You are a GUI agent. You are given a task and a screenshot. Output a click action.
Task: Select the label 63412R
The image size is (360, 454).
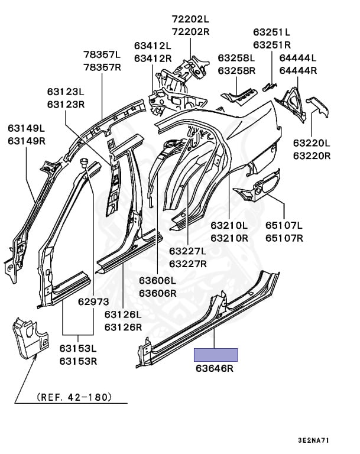pyautogui.click(x=152, y=58)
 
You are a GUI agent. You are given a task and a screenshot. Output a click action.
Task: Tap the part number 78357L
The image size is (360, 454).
pyautogui.click(x=102, y=55)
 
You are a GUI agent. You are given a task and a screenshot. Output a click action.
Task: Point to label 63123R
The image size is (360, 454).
pyautogui.click(x=66, y=104)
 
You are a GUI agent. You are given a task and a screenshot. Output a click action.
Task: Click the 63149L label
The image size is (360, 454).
pyautogui.click(x=27, y=128)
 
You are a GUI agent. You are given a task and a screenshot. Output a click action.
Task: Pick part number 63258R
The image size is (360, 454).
pyautogui.click(x=236, y=70)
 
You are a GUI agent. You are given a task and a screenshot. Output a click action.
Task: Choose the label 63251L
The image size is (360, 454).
pyautogui.click(x=272, y=32)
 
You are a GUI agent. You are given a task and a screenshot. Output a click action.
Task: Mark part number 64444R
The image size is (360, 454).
pyautogui.click(x=298, y=70)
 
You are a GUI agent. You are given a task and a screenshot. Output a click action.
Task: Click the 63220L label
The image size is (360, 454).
pyautogui.click(x=312, y=144)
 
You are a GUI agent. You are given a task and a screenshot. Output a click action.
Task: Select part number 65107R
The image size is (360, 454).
pyautogui.click(x=284, y=238)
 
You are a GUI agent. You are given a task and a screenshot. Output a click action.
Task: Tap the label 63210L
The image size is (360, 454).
pyautogui.click(x=229, y=225)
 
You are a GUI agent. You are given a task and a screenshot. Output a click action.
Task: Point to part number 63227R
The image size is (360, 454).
pyautogui.click(x=189, y=264)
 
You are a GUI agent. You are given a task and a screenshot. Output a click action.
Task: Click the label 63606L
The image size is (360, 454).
pyautogui.click(x=158, y=280)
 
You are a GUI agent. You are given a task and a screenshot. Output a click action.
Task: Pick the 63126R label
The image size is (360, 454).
pyautogui.click(x=124, y=327)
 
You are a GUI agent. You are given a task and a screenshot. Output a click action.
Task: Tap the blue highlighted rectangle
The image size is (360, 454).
pyautogui.click(x=216, y=355)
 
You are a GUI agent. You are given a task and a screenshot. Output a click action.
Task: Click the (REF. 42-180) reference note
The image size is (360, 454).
pyautogui.click(x=74, y=397)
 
